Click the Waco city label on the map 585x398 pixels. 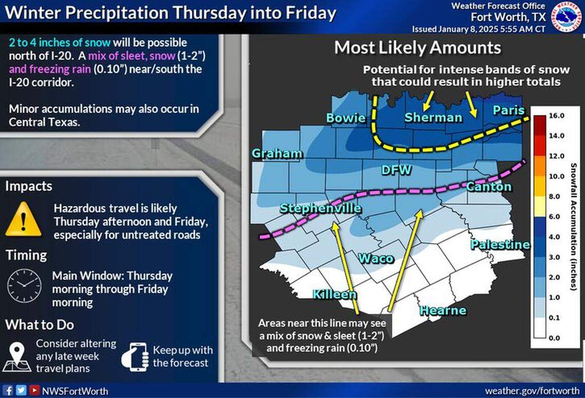pyautogui.click(x=376, y=257)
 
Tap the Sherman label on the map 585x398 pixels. pyautogui.click(x=426, y=117)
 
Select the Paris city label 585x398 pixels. pyautogui.click(x=509, y=110)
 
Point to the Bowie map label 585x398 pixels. pyautogui.click(x=346, y=118)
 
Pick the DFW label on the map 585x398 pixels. pyautogui.click(x=396, y=169)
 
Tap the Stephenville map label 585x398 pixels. pyautogui.click(x=320, y=208)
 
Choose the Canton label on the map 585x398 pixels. pyautogui.click(x=489, y=187)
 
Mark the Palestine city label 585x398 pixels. pyautogui.click(x=500, y=245)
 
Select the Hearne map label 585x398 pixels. pyautogui.click(x=443, y=310)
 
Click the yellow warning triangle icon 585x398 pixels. pyautogui.click(x=23, y=219)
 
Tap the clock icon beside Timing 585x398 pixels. pyautogui.click(x=24, y=286)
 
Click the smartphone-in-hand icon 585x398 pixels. pyautogui.click(x=134, y=356)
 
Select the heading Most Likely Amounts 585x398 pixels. pyautogui.click(x=417, y=48)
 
